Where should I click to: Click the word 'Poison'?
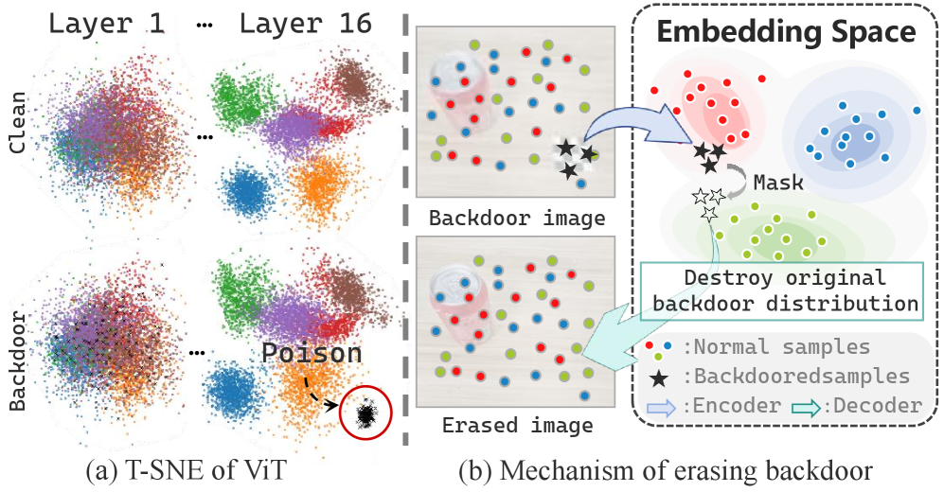pyautogui.click(x=312, y=354)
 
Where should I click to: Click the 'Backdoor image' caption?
pyautogui.click(x=517, y=219)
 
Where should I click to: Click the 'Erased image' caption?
pyautogui.click(x=517, y=425)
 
